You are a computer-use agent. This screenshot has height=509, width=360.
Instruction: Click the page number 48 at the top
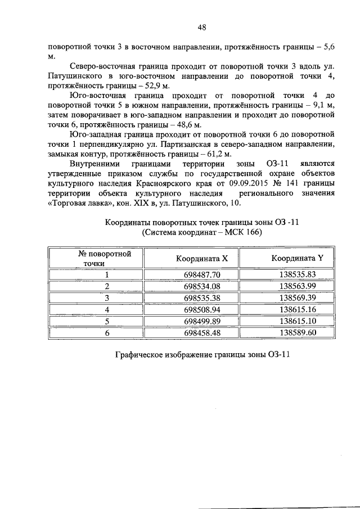pos(202,26)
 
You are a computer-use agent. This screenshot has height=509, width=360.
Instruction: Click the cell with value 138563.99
pos(298,286)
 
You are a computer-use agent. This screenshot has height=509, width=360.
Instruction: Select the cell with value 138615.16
pos(298,309)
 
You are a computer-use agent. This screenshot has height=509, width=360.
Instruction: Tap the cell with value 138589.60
pos(298,332)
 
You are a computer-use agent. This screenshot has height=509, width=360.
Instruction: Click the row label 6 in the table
pos(106,332)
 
